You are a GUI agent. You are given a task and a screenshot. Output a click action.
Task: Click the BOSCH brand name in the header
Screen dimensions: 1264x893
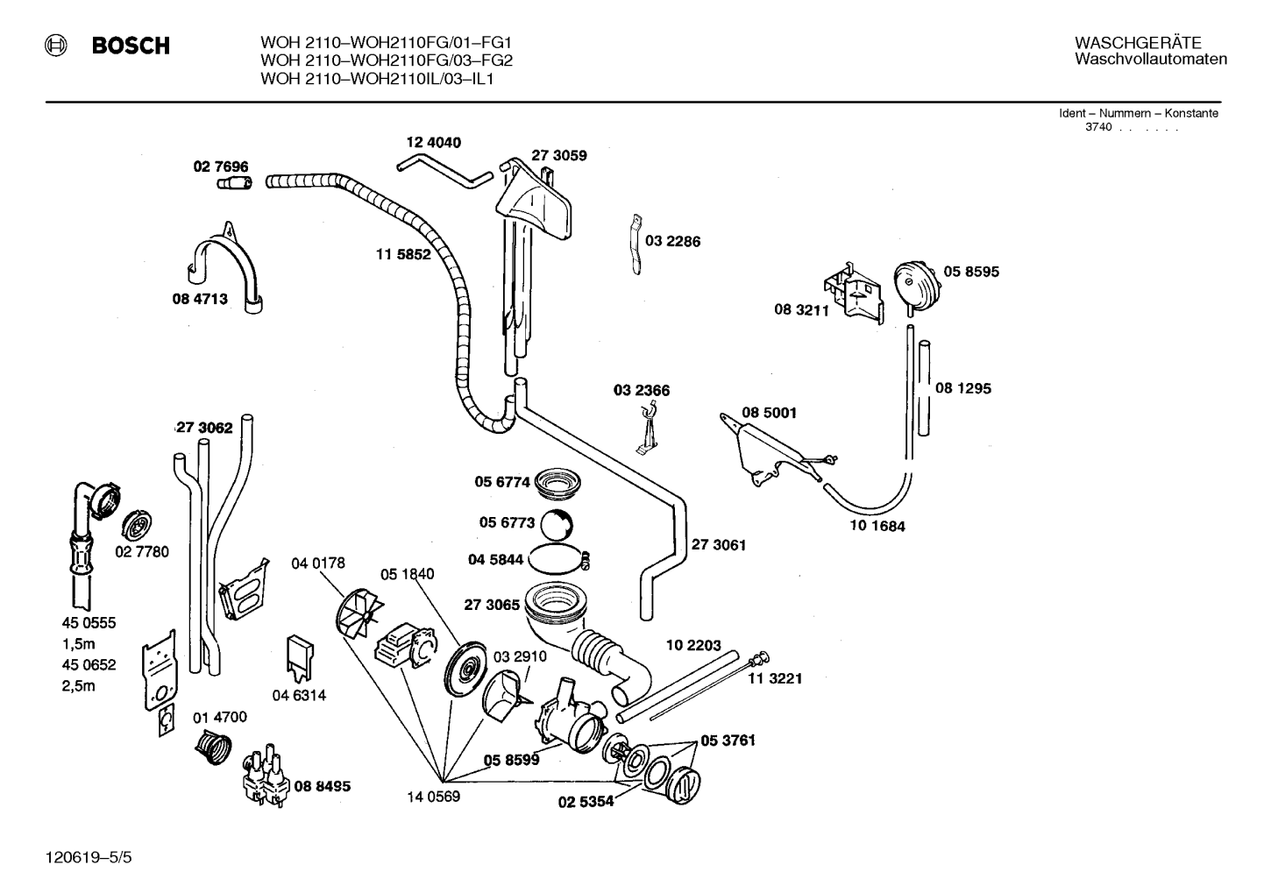[x=131, y=46]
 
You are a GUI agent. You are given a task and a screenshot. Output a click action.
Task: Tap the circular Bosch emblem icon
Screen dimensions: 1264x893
[x=55, y=46]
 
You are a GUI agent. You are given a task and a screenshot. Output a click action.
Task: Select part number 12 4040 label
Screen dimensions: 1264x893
[x=433, y=142]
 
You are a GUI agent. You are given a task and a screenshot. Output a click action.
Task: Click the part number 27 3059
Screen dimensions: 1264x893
[x=558, y=155]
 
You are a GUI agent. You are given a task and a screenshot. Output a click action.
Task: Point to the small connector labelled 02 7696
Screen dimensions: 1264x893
[x=235, y=183]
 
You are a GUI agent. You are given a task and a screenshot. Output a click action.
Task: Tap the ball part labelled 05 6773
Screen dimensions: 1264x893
[x=557, y=525]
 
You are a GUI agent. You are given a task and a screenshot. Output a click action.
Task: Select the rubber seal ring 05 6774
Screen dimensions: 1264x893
[x=557, y=484]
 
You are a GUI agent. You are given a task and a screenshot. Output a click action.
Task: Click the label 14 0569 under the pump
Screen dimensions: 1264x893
[x=433, y=797]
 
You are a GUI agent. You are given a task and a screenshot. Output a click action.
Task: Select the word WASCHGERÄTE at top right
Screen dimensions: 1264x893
[x=1138, y=43]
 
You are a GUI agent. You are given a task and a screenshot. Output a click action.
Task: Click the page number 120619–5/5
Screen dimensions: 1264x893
[x=89, y=857]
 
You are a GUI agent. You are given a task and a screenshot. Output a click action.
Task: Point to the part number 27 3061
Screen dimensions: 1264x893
[x=718, y=545]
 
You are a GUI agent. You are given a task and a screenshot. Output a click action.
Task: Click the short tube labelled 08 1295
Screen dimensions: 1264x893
[x=924, y=388]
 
